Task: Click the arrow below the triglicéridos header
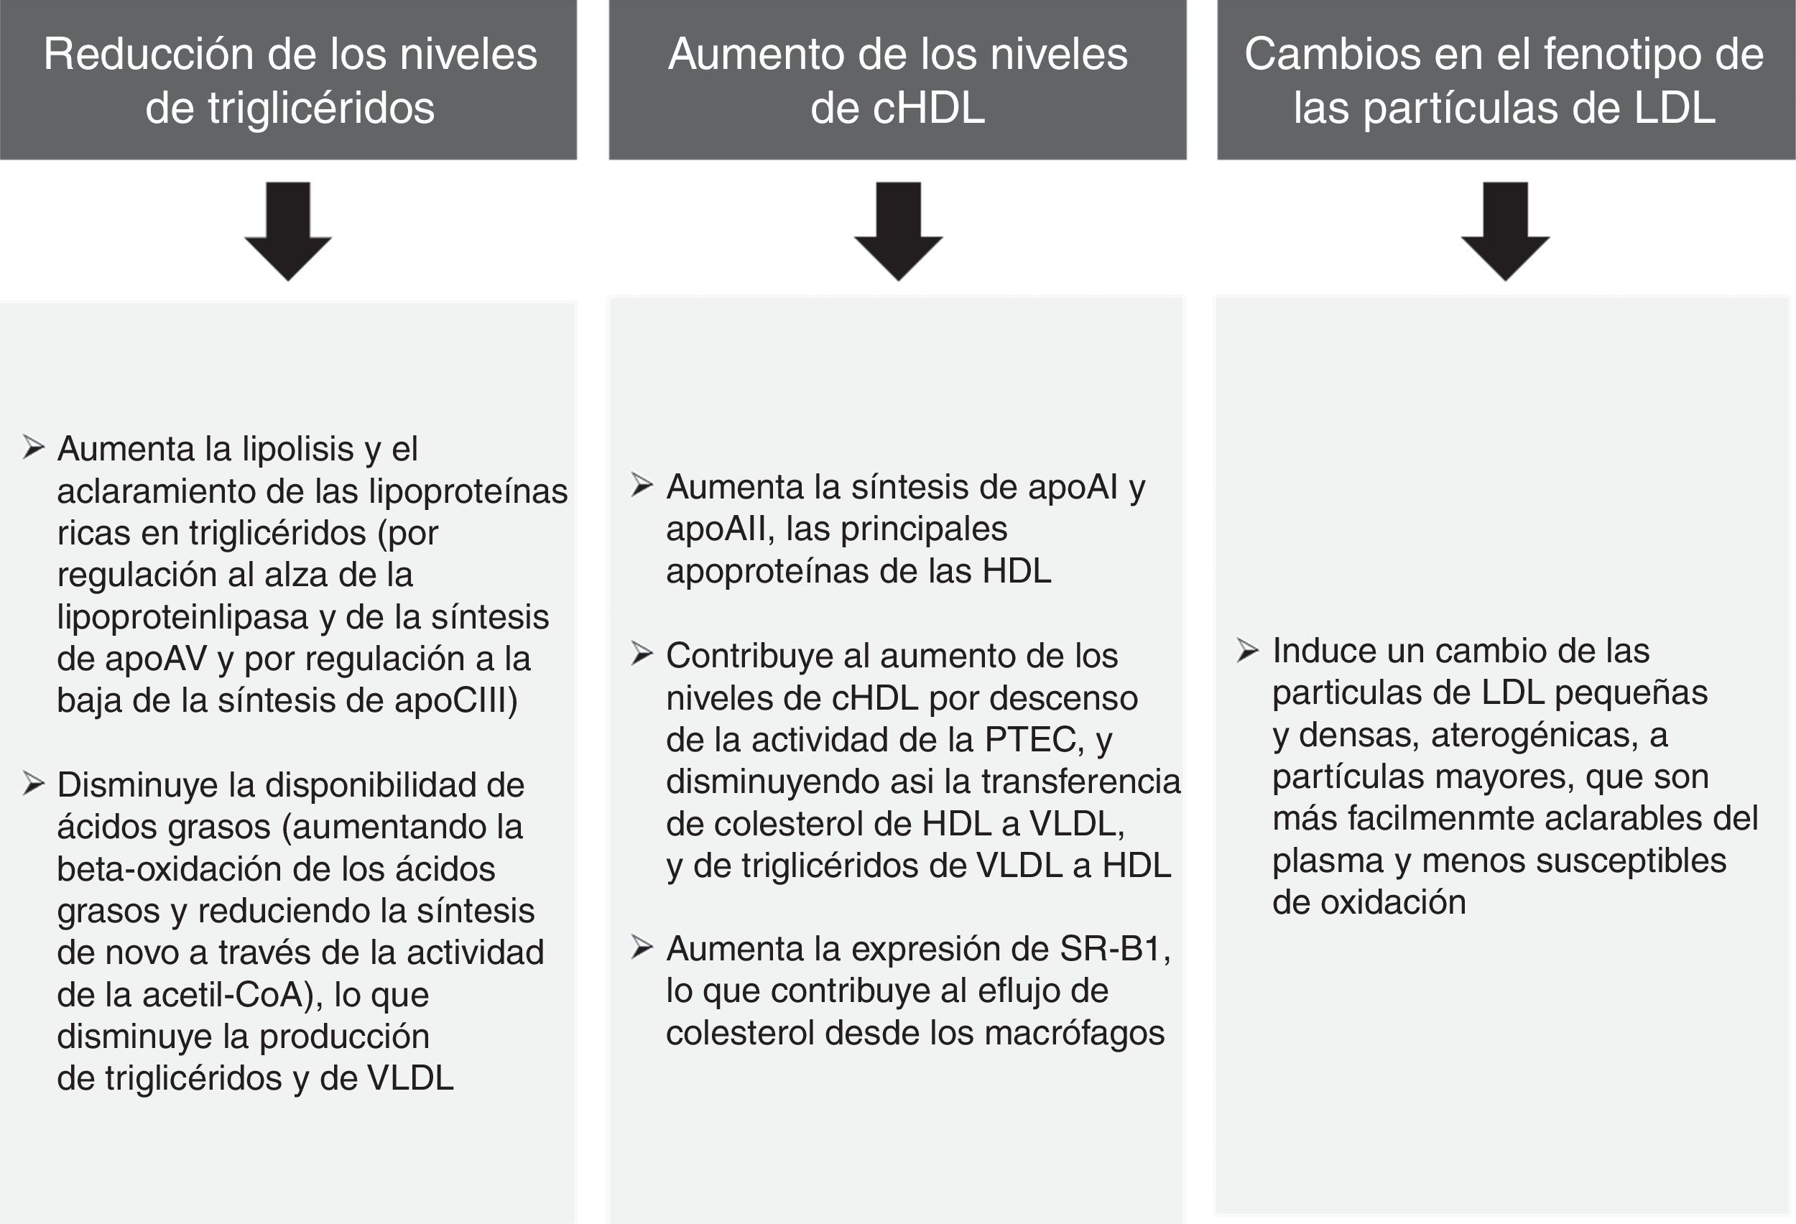[288, 231]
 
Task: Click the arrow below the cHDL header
[898, 231]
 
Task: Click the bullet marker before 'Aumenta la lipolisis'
[33, 447]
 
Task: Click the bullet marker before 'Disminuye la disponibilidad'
[33, 783]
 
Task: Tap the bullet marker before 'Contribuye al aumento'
[642, 654]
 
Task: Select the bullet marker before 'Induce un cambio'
[1247, 650]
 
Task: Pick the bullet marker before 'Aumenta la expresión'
[642, 947]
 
